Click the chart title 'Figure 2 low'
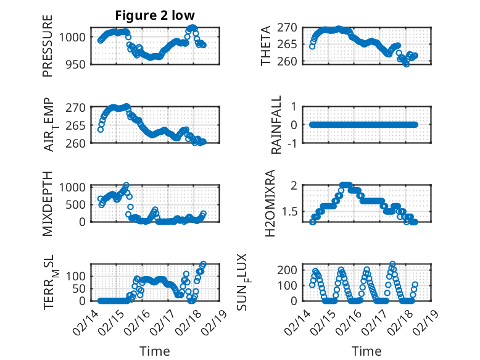pyautogui.click(x=154, y=15)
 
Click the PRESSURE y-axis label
pyautogui.click(x=48, y=46)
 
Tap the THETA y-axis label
pyautogui.click(x=266, y=46)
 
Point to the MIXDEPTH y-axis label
pyautogui.click(x=48, y=203)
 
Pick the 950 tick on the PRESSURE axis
pyautogui.click(x=77, y=64)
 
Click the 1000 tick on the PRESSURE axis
pyautogui.click(x=74, y=37)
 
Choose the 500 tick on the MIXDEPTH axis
pyautogui.click(x=77, y=204)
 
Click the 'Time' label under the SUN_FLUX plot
pyautogui.click(x=366, y=351)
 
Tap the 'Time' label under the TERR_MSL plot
pyautogui.click(x=154, y=351)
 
